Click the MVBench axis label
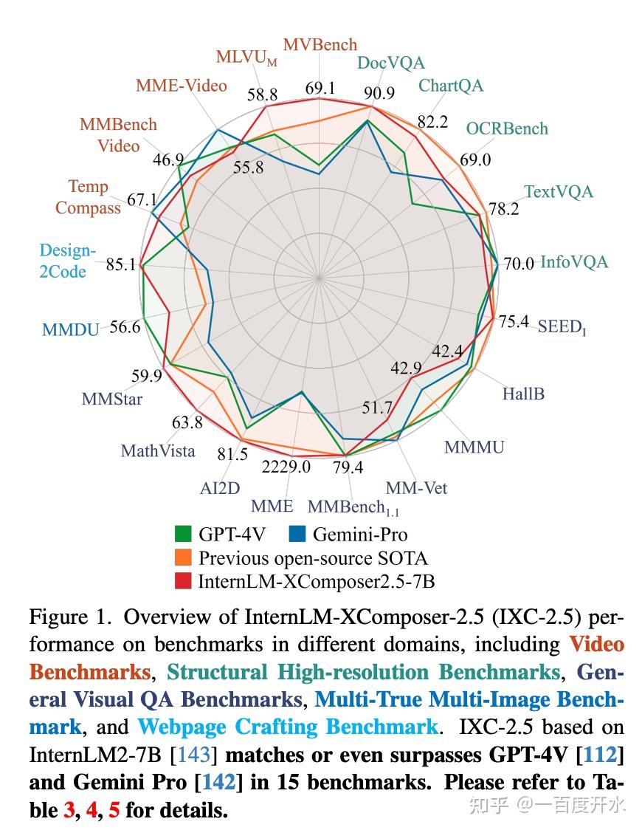tap(320, 44)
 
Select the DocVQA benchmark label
tap(390, 63)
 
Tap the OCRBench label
tap(506, 128)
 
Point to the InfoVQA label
tap(574, 262)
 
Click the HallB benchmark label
tap(523, 394)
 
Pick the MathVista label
tap(158, 450)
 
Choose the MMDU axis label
tap(70, 329)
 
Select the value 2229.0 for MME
tap(286, 467)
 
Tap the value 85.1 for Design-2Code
tap(120, 264)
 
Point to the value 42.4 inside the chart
tap(447, 351)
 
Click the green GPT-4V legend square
tap(184, 534)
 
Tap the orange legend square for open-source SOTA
tap(184, 558)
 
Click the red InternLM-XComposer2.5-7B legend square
tap(184, 581)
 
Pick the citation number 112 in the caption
tap(609, 755)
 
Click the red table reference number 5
tap(114, 810)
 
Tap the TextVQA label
tap(558, 192)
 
